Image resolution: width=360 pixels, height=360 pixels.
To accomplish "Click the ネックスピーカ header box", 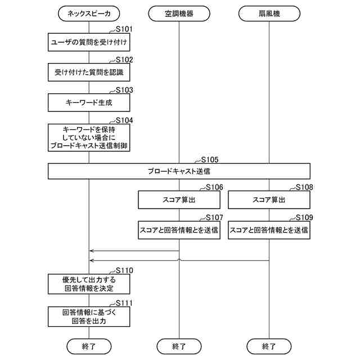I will pyautogui.click(x=89, y=13).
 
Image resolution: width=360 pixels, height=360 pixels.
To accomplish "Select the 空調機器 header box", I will pyautogui.click(x=179, y=13).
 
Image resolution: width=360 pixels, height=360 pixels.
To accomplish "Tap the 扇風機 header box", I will pyautogui.click(x=269, y=13).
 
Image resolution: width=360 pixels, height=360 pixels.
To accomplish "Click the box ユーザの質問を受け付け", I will pyautogui.click(x=89, y=42).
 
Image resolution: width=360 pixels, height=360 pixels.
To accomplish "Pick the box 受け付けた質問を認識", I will pyautogui.click(x=89, y=72).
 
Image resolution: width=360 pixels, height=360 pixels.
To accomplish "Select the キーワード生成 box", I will pyautogui.click(x=89, y=102).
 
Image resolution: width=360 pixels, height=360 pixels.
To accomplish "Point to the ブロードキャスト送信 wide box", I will pyautogui.click(x=179, y=171).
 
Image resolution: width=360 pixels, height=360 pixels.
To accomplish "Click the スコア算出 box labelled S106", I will pyautogui.click(x=179, y=200).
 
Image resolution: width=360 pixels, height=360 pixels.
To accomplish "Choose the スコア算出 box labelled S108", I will pyautogui.click(x=269, y=200).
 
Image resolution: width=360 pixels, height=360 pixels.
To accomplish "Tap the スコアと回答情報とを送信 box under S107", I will pyautogui.click(x=179, y=230).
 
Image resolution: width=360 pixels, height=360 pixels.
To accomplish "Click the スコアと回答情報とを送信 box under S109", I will pyautogui.click(x=269, y=230).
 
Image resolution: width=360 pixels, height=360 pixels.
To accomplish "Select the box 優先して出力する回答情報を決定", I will pyautogui.click(x=89, y=283).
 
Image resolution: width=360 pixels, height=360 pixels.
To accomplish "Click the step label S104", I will pyautogui.click(x=124, y=120).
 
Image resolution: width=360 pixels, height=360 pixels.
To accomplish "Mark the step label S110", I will pyautogui.click(x=124, y=270).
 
